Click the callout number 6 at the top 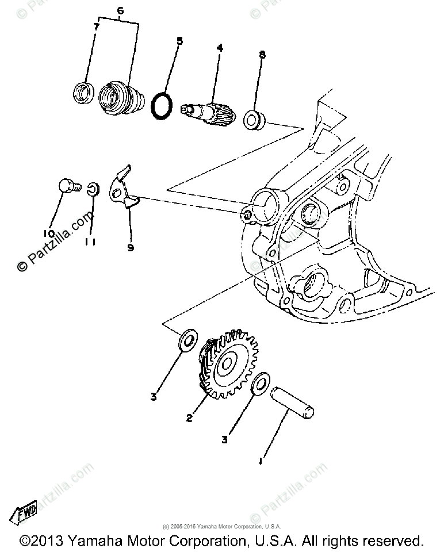[120, 10]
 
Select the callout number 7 [97, 26]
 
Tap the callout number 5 [179, 41]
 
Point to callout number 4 [219, 48]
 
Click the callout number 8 [262, 56]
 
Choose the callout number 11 [90, 242]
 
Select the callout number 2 [189, 419]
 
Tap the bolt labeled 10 [68, 187]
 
